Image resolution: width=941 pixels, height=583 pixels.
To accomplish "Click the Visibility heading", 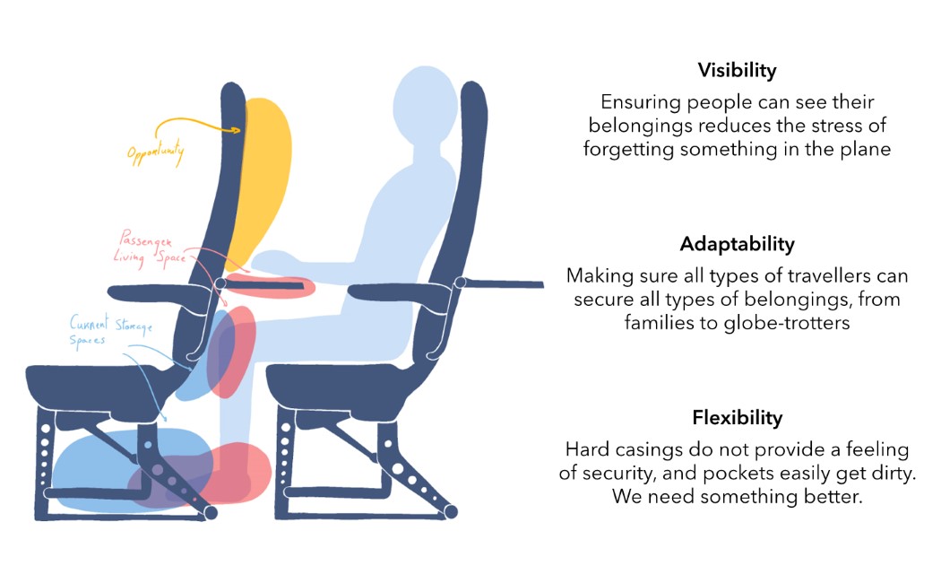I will pos(737,70).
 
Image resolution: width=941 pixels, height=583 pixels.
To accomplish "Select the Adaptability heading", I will pos(737,244).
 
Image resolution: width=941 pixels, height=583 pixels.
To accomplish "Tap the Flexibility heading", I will pos(737,418).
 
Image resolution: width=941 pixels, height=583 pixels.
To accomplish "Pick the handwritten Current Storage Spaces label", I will pos(111,329).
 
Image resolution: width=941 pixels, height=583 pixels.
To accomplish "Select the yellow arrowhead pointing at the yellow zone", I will pos(237,131).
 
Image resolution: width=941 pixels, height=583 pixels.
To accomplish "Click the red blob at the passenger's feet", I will pos(237,471).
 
